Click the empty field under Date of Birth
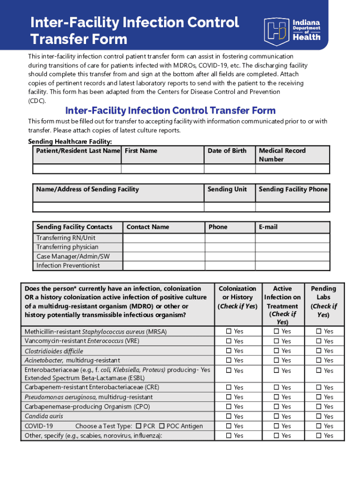[229, 169]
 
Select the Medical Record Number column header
[282, 155]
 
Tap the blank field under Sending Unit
[229, 208]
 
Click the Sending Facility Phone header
[293, 189]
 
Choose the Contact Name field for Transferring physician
[163, 247]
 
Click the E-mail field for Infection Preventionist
[292, 266]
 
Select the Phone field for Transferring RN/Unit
[229, 238]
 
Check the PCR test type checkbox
[138, 426]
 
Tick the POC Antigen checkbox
[162, 426]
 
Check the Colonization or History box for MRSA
[229, 331]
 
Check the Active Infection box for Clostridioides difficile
[276, 350]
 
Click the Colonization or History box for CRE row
[229, 387]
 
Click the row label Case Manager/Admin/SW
[73, 256]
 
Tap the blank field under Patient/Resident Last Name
[77, 169]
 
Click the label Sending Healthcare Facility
[70, 141]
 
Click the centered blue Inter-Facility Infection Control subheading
[171, 111]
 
